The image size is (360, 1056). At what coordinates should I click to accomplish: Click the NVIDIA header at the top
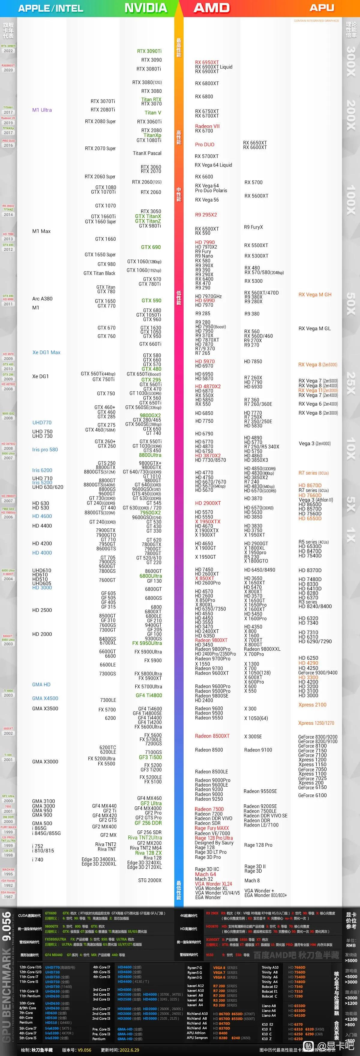coord(145,8)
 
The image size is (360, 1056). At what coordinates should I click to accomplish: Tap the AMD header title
coord(211,8)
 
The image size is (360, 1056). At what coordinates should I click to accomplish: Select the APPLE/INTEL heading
coord(50,8)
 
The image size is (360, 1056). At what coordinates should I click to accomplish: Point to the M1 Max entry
coord(41,231)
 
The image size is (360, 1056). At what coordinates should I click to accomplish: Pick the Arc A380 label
coord(42,299)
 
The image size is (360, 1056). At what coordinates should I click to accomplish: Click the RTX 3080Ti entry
coord(149,69)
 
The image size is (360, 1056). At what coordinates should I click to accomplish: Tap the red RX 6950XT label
coord(207,62)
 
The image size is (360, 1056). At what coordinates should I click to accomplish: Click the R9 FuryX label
coord(253,227)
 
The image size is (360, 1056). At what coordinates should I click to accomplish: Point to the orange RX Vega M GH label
coord(315,295)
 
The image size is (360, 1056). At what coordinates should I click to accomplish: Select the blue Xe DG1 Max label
coord(46,352)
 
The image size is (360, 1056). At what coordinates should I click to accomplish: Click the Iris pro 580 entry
coord(45,450)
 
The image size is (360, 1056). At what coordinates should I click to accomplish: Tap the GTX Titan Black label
coord(99,273)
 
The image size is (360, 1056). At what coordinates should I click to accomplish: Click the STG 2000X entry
coord(150,880)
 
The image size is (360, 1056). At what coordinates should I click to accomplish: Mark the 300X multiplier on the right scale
coord(351,61)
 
